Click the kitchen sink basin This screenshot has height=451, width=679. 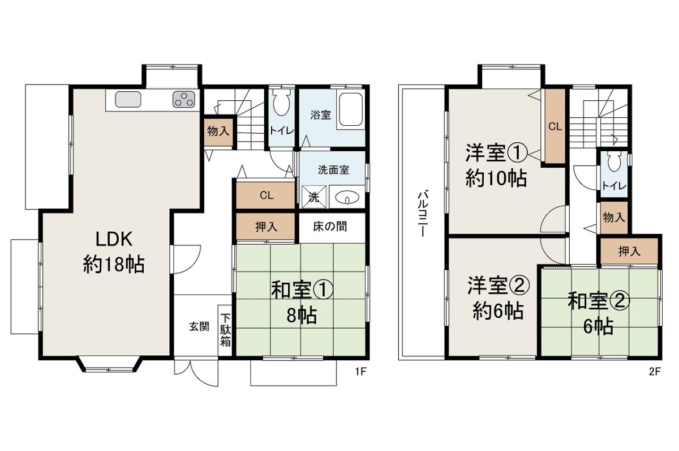(128, 99)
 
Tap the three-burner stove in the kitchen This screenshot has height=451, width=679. (184, 99)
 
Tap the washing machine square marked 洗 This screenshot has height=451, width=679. (315, 197)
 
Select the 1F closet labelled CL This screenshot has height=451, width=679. (265, 195)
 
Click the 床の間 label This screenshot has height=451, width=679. (330, 227)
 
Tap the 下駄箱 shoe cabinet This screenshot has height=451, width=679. (225, 330)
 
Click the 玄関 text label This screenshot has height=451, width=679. (199, 326)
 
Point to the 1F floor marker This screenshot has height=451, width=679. (361, 372)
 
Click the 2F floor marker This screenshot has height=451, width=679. (654, 372)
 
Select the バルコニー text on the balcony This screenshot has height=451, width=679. (423, 214)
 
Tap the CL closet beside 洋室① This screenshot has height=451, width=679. (555, 126)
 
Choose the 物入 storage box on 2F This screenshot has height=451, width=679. (613, 218)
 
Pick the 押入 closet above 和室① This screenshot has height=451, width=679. (265, 227)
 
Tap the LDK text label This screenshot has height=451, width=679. (114, 239)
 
